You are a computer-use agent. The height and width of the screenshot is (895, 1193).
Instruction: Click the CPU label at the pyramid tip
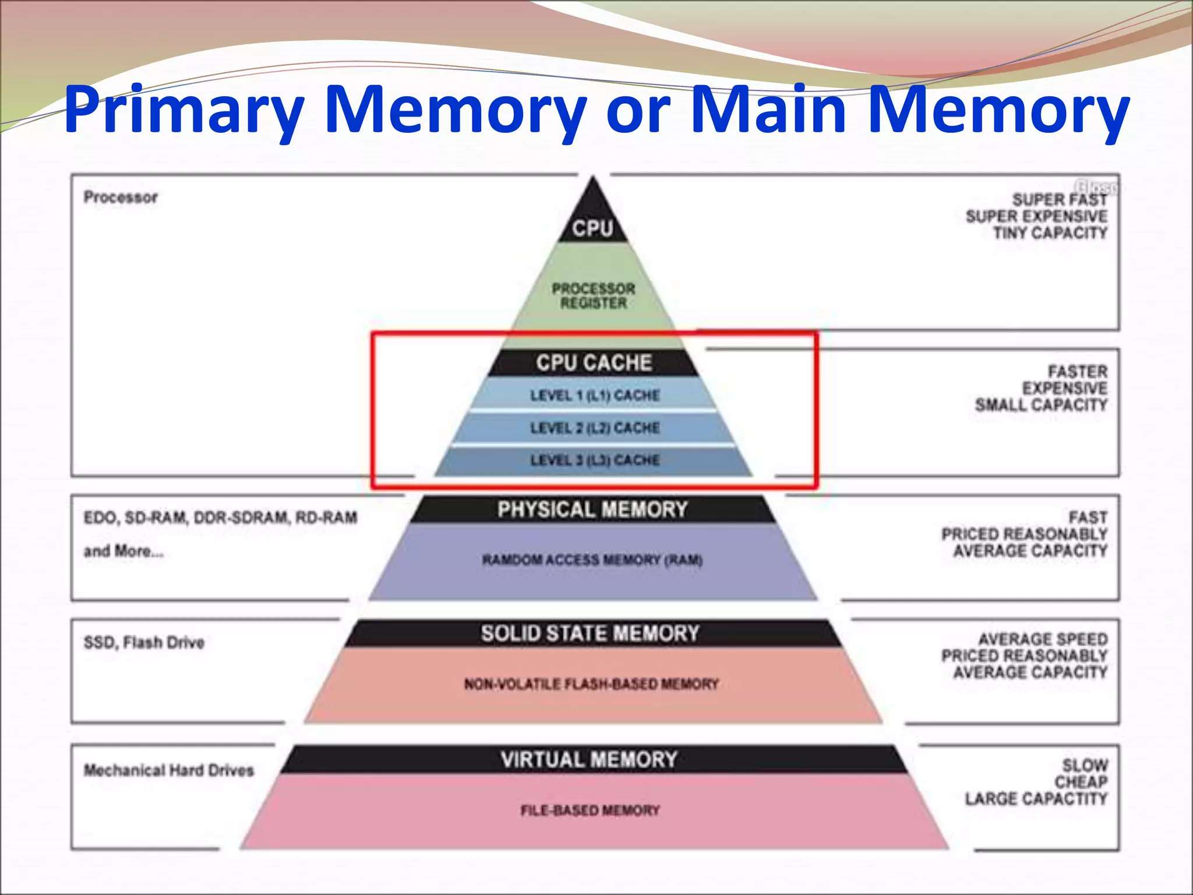(x=592, y=228)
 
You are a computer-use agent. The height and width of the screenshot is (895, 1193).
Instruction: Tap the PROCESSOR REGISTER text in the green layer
(x=594, y=296)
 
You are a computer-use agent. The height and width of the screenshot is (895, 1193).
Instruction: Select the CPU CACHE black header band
(x=594, y=363)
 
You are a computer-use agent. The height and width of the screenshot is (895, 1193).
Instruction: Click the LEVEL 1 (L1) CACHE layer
(x=595, y=396)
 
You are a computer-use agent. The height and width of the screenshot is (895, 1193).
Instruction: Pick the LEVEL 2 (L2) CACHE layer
(x=595, y=428)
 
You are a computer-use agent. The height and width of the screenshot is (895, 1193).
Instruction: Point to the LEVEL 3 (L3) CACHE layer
(x=595, y=460)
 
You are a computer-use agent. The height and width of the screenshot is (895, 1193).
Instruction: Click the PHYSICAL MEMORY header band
(x=592, y=510)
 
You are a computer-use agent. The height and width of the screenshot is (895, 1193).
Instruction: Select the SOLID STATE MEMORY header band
(x=590, y=633)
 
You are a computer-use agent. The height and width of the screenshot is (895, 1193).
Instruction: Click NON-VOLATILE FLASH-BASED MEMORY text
(x=591, y=684)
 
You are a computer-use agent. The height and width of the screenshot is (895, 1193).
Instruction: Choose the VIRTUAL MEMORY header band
(x=590, y=760)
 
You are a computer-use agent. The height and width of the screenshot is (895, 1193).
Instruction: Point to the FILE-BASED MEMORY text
(x=590, y=811)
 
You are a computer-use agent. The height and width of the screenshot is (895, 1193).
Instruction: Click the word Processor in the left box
(x=121, y=198)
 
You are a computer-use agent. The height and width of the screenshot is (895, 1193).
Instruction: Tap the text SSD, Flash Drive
(x=144, y=643)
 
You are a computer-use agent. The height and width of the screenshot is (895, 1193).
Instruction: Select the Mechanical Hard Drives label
(x=169, y=770)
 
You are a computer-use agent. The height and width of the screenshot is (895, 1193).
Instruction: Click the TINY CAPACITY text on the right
(x=1050, y=233)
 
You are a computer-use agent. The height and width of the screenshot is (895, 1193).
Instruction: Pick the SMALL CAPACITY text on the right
(x=1041, y=405)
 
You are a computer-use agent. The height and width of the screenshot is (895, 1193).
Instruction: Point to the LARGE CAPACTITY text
(x=1036, y=799)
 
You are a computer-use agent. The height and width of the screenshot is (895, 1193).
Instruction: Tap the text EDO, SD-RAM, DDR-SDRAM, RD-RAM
(x=220, y=517)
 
